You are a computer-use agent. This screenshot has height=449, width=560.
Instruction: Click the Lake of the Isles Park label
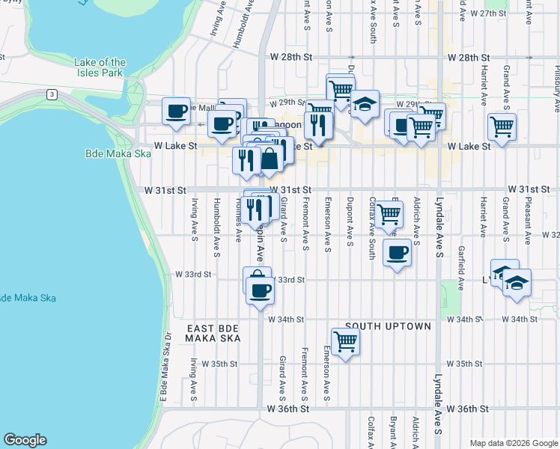click(100, 67)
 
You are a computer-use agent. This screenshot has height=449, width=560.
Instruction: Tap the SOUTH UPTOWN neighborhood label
click(388, 326)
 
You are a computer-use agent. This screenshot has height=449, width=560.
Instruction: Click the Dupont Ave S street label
click(350, 220)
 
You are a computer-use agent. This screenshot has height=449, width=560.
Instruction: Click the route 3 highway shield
click(51, 94)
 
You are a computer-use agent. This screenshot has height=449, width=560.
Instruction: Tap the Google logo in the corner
click(25, 440)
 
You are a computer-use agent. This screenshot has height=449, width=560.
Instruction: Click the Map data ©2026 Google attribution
click(513, 442)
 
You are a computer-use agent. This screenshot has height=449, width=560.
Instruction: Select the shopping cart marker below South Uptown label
click(345, 341)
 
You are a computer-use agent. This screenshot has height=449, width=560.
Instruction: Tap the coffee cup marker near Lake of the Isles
click(177, 111)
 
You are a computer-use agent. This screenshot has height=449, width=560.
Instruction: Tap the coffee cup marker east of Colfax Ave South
click(398, 253)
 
